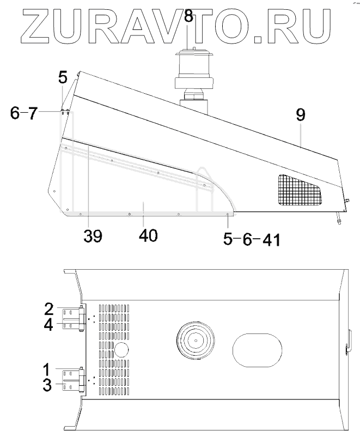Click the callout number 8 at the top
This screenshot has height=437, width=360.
coord(188,16)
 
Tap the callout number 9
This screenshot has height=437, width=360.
coord(301,114)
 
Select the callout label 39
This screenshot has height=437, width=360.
coord(93,236)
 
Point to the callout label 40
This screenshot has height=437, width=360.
coord(148,235)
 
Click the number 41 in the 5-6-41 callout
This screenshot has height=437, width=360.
coord(271,240)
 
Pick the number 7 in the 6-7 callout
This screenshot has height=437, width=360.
coord(32,113)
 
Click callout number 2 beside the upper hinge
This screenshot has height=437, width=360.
coord(49,309)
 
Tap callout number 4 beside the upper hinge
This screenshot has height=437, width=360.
coord(48,324)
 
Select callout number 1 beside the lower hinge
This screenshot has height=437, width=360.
coord(47,369)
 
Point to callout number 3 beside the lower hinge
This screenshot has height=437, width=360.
coord(47,385)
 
